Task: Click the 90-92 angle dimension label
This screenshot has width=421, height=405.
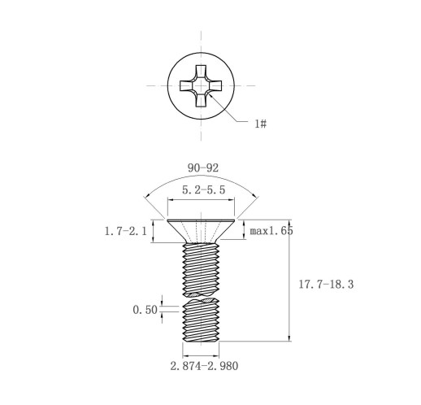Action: tap(203, 168)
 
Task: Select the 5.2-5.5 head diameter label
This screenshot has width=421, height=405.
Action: tap(203, 189)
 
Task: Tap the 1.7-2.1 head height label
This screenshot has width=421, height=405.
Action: tap(126, 231)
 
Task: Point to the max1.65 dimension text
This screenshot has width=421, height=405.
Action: tap(271, 231)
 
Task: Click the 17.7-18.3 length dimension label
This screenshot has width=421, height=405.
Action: tap(326, 285)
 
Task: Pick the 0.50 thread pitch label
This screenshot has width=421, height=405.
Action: tap(145, 310)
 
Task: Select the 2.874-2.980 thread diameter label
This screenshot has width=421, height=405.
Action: tap(204, 366)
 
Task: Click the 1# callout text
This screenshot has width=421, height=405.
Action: tap(260, 124)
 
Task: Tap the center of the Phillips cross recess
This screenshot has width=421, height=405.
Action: tap(201, 86)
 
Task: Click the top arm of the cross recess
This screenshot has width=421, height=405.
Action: tap(201, 72)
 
